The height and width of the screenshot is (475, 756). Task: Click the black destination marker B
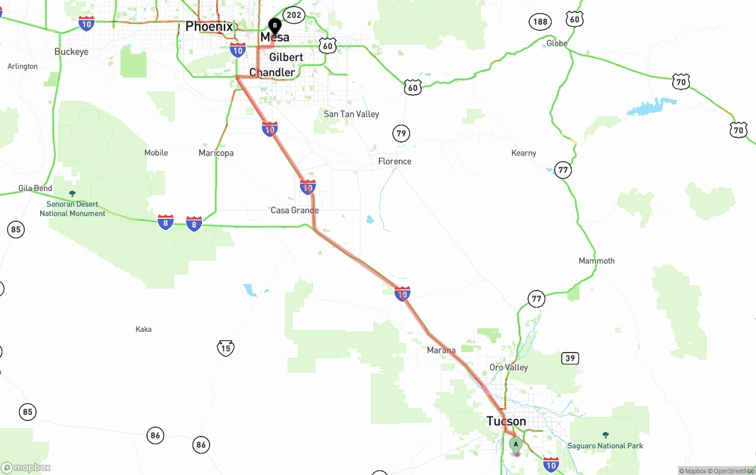[275, 25]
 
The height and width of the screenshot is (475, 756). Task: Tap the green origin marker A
[516, 444]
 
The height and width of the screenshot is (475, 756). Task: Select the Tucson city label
[506, 421]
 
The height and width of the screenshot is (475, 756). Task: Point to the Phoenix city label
[209, 26]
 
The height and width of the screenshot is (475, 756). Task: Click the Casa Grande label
[294, 210]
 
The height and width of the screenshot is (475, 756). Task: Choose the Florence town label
[395, 161]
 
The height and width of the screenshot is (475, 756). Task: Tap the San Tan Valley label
[351, 114]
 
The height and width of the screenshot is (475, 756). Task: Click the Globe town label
[556, 43]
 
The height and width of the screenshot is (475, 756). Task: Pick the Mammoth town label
[597, 260]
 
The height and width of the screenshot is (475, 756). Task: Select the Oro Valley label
[509, 367]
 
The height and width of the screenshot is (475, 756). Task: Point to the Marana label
[441, 350]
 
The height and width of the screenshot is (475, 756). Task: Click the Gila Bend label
[35, 188]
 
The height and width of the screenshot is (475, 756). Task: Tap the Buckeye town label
[71, 51]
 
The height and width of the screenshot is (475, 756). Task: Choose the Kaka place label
[144, 329]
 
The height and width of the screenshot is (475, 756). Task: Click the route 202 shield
[294, 15]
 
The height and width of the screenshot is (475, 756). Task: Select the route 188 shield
[540, 22]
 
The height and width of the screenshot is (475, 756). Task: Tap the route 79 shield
[401, 133]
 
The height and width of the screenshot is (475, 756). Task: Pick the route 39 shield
[570, 358]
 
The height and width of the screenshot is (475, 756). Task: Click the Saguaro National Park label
[605, 445]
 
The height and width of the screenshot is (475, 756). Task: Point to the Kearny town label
[524, 153]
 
